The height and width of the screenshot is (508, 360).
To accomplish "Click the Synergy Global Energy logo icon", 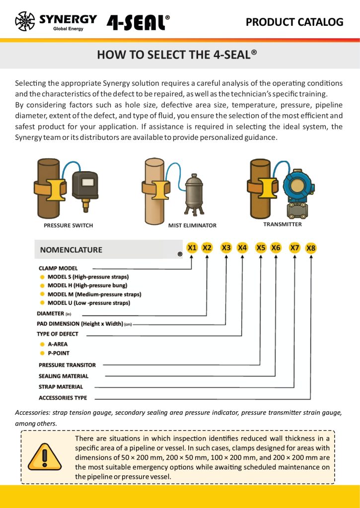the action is tap(25, 21).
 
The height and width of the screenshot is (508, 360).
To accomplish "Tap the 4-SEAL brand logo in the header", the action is tap(138, 22).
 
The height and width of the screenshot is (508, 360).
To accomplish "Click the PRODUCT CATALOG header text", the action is tap(294, 22).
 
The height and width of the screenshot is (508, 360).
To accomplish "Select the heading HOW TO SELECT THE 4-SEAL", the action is tap(177, 55).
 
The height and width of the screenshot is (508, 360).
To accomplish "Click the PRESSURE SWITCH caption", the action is tap(69, 226).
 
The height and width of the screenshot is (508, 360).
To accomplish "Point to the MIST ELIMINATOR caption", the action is tap(192, 226).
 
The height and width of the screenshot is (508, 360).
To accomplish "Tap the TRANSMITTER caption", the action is tap(283, 224).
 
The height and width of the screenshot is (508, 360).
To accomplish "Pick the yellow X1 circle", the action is tap(192, 248).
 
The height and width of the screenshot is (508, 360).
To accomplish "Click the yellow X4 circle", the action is tap(242, 248).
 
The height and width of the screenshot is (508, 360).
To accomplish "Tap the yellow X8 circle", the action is tap(311, 248).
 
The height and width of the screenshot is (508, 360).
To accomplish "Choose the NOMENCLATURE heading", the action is tap(71, 250).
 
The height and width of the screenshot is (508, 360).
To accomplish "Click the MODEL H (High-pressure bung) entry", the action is tap(87, 285).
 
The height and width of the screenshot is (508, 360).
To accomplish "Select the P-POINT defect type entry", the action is tap(59, 353).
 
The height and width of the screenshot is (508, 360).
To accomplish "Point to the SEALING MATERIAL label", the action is tap(64, 376).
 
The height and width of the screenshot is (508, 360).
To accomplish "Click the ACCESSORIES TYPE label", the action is tap(63, 398).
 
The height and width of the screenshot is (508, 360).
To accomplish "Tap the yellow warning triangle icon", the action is tap(44, 457).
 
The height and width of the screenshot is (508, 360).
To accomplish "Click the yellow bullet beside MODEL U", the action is tap(42, 303).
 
